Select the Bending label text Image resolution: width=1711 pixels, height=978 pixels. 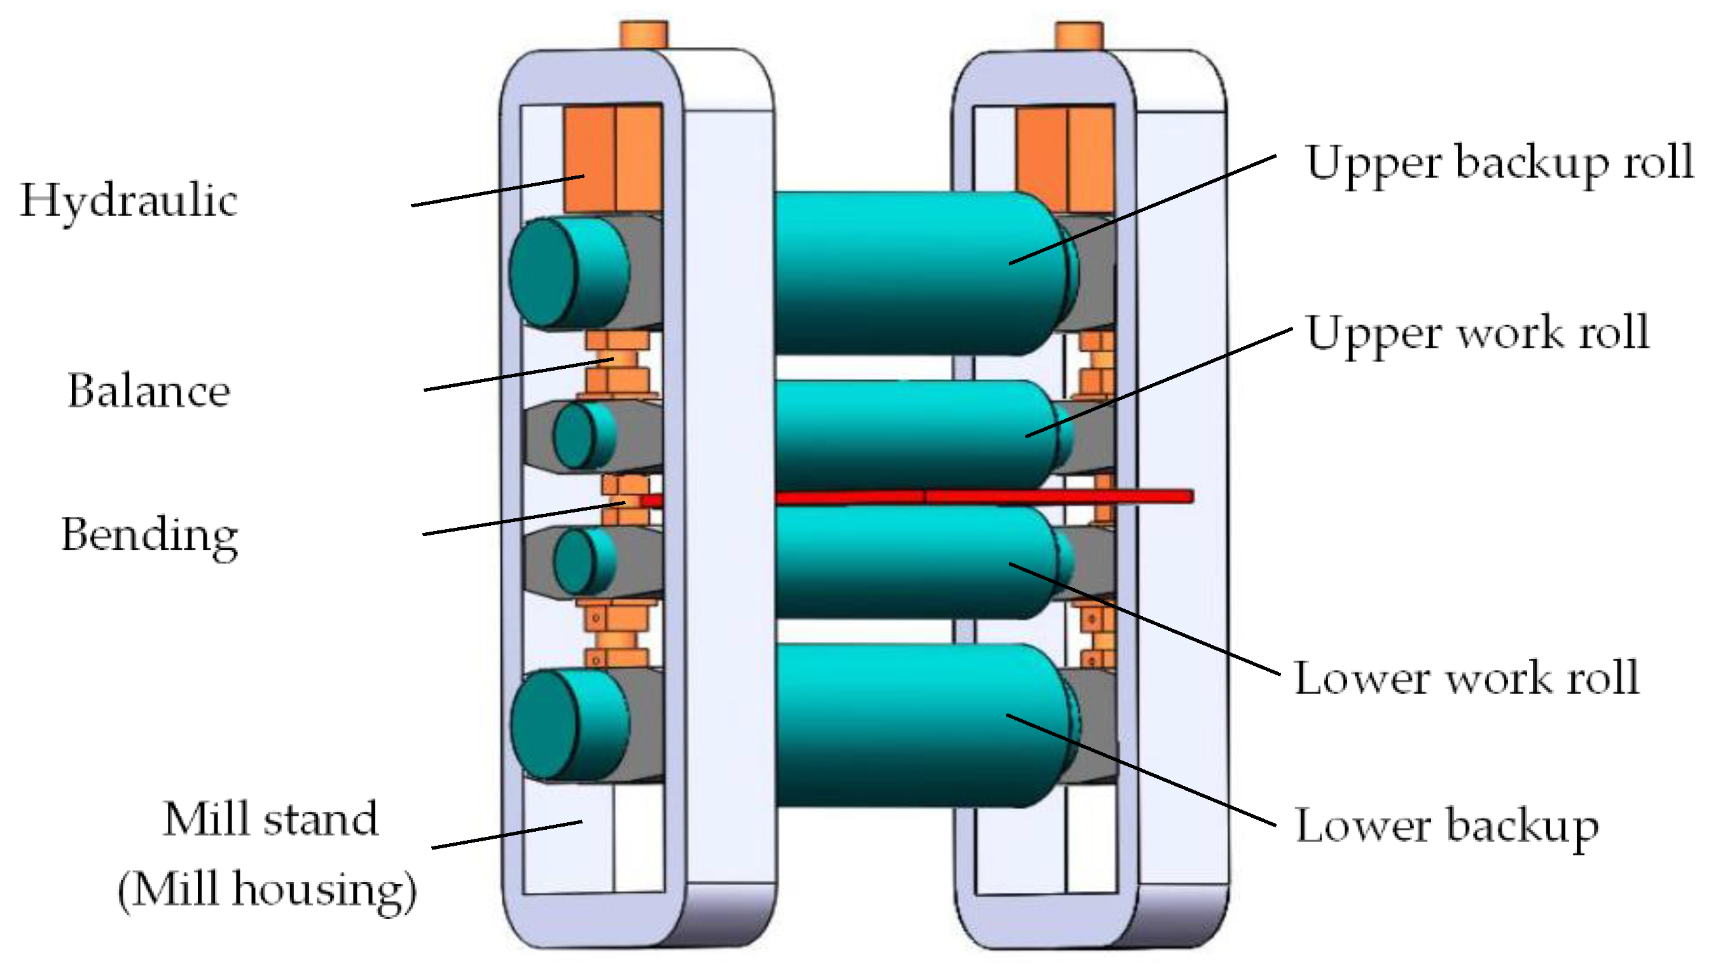coord(149,535)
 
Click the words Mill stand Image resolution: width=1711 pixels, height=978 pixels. coord(271,820)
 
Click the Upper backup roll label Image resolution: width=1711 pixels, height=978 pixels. coord(1499,163)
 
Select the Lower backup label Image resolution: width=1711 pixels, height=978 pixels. coord(1446,825)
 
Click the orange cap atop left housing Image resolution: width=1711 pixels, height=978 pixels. coord(643,34)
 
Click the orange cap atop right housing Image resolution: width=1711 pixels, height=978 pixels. coord(1078,34)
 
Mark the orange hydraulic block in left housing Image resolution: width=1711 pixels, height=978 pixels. coord(612,158)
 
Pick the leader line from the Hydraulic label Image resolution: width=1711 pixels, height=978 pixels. coord(497,191)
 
